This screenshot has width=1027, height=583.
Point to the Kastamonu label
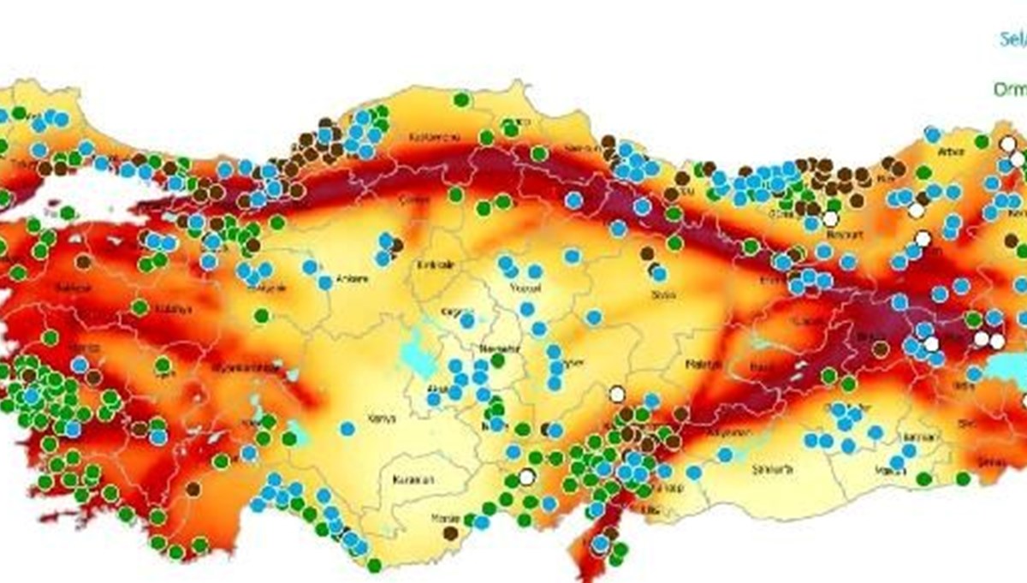pos(435,137)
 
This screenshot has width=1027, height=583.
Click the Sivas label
pos(662,295)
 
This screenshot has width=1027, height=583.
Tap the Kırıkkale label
pos(436,265)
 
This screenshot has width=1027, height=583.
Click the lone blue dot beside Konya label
pos(347,428)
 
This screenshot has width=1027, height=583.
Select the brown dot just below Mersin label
pos(450,533)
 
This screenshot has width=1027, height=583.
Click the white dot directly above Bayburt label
pos(830,218)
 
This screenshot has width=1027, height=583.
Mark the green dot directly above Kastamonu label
pos(461,99)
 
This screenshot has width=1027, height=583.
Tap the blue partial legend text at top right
pos(1014,39)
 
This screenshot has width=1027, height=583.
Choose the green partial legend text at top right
pos(1011,89)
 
